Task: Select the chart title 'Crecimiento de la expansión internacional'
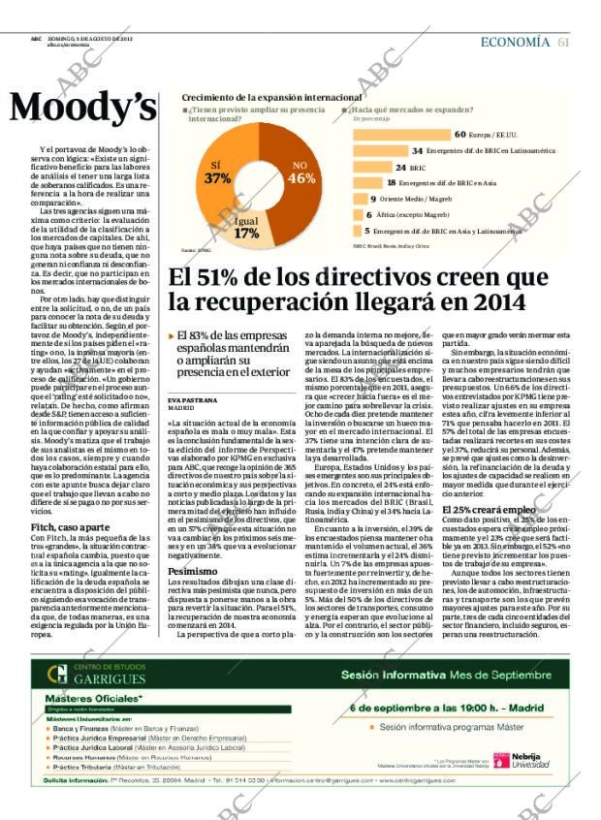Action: coord(271,98)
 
